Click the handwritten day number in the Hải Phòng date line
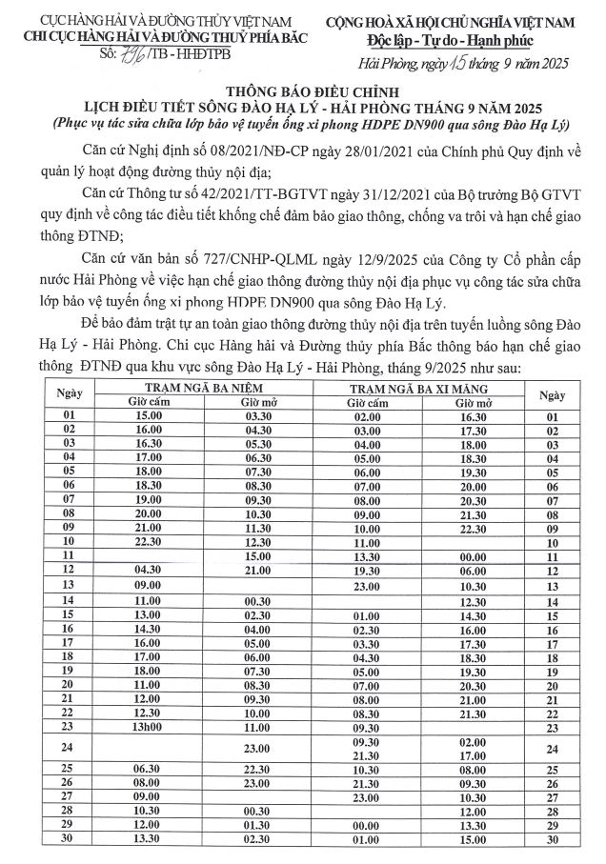(432, 63)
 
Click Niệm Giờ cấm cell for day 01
(148, 416)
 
